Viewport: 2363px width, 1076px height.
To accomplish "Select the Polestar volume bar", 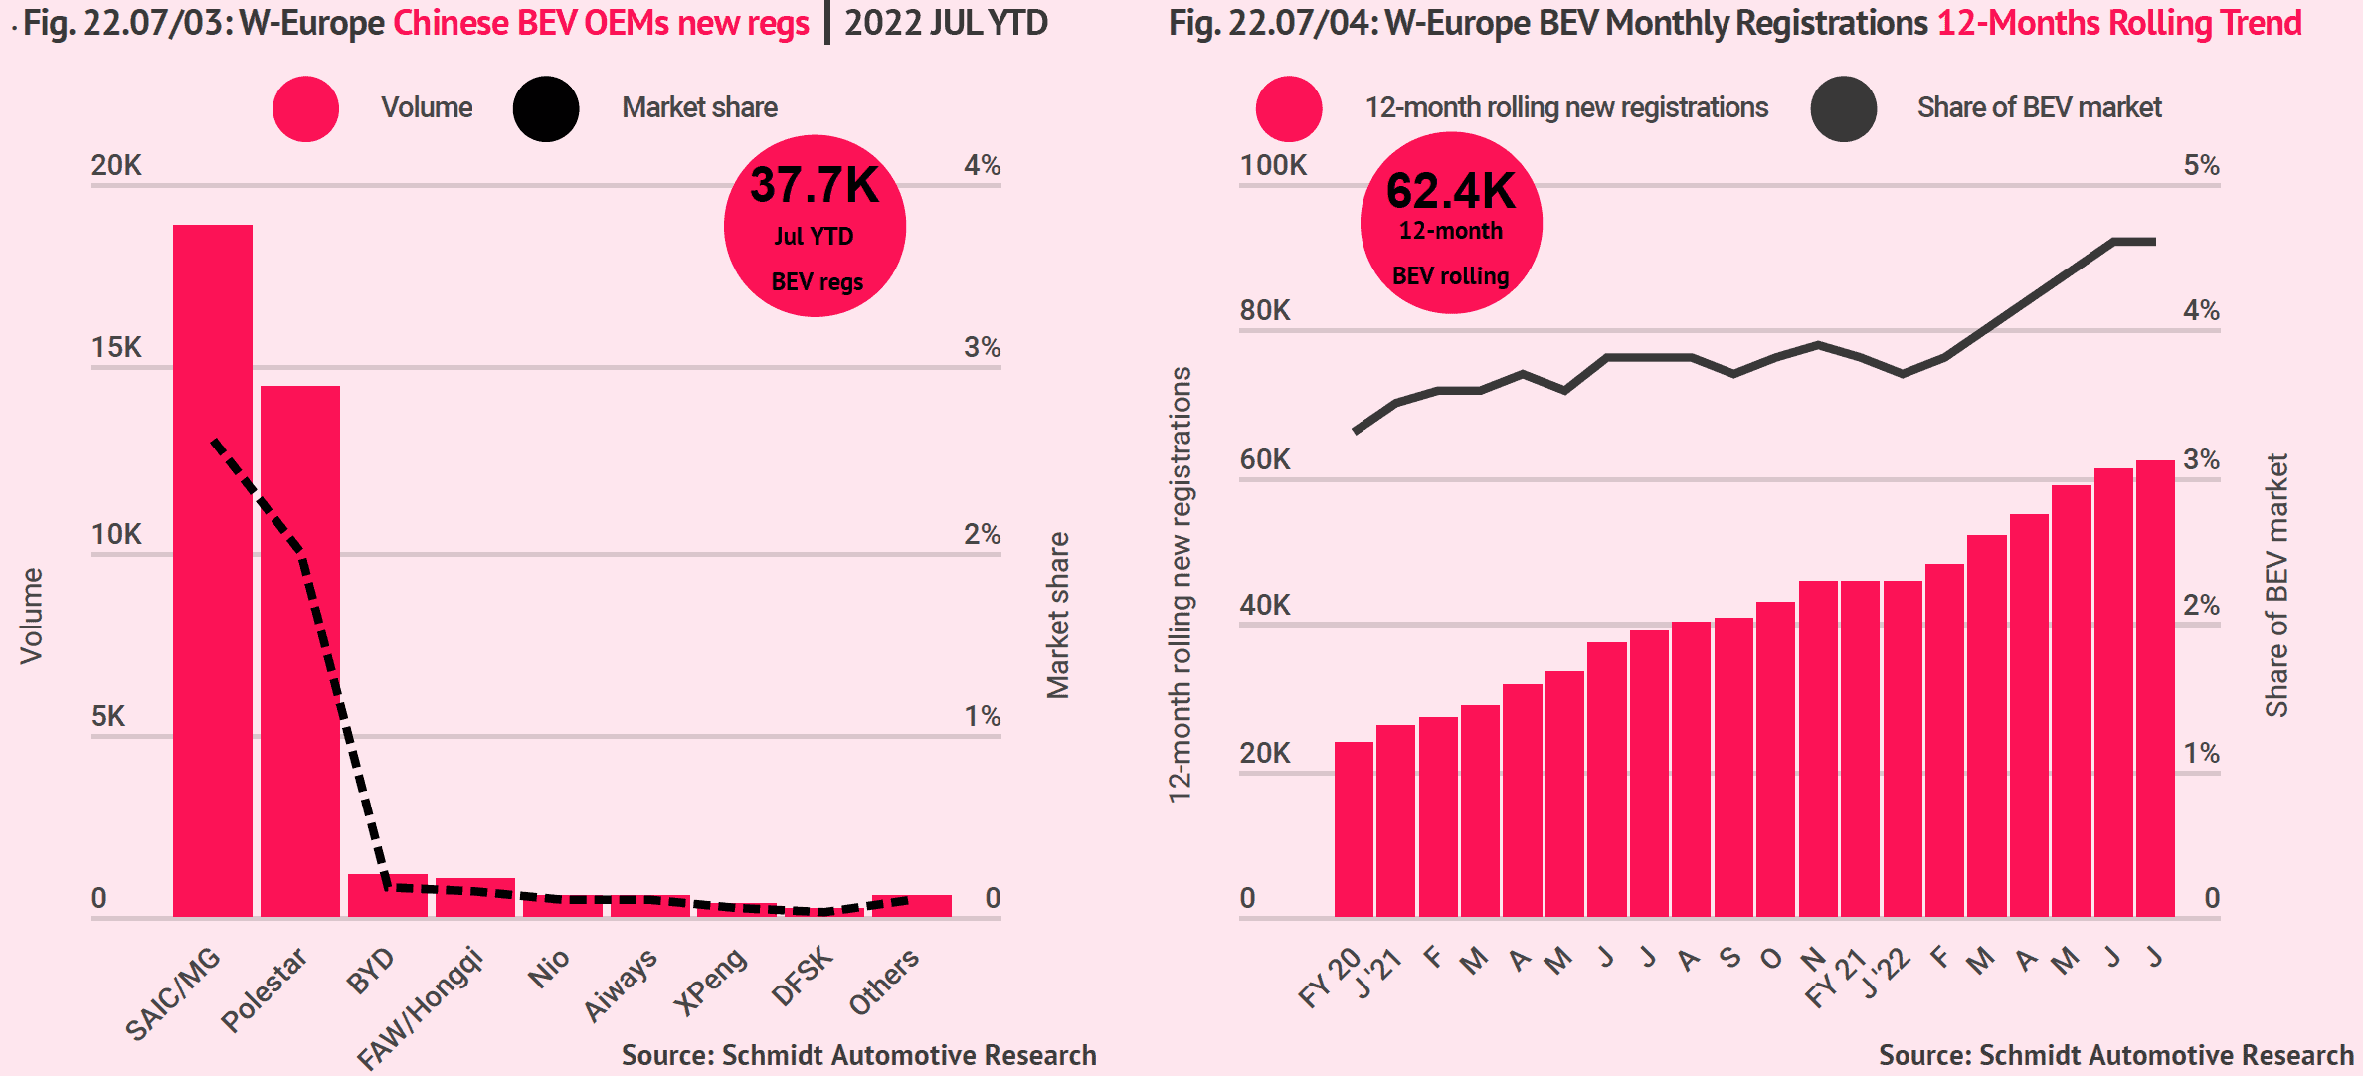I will pyautogui.click(x=299, y=651).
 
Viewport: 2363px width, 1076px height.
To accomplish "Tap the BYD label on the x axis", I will pyautogui.click(x=371, y=971).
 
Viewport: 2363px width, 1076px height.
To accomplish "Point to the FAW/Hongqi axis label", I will pyautogui.click(x=420, y=1007).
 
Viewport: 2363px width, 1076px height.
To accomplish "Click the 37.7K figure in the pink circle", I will pyautogui.click(x=815, y=186).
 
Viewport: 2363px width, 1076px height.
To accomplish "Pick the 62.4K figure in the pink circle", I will pyautogui.click(x=1450, y=191).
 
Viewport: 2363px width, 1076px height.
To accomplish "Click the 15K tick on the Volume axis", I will pyautogui.click(x=116, y=347).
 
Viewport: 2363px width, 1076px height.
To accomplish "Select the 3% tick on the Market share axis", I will pyautogui.click(x=982, y=347).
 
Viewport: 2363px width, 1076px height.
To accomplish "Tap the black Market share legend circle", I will pyautogui.click(x=546, y=108).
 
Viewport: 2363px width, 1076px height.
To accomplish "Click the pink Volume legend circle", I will pyautogui.click(x=305, y=108).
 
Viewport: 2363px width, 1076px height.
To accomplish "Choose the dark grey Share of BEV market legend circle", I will pyautogui.click(x=1843, y=108).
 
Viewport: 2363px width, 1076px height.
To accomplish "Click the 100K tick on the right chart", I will pyautogui.click(x=1273, y=165).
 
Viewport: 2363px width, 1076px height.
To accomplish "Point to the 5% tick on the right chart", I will pyautogui.click(x=2201, y=165).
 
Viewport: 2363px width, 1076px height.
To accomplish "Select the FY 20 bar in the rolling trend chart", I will pyautogui.click(x=1354, y=828).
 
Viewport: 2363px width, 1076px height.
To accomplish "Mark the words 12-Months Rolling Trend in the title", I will pyautogui.click(x=2119, y=22).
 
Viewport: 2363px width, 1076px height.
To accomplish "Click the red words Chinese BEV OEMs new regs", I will pyautogui.click(x=601, y=22).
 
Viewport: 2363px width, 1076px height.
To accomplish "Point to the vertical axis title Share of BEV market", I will pyautogui.click(x=2276, y=585).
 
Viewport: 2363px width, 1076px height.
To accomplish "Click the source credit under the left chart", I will pyautogui.click(x=858, y=1055).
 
